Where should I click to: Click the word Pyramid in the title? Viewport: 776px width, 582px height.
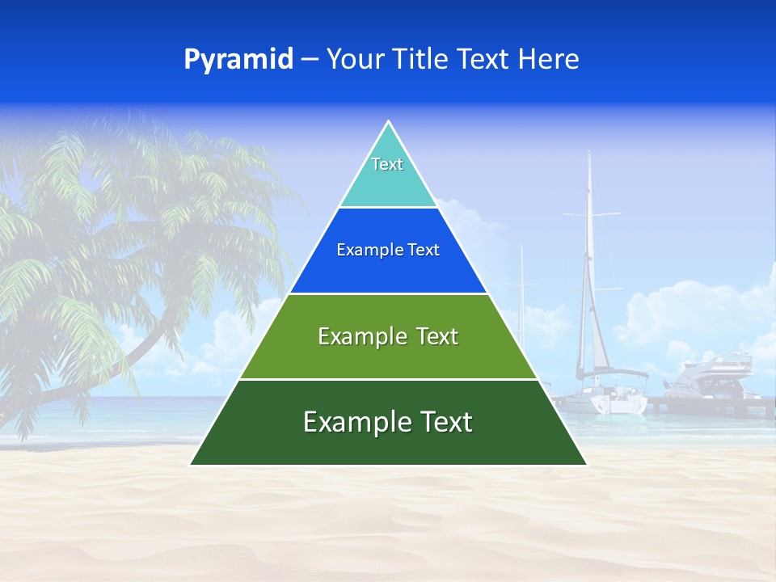pyautogui.click(x=238, y=60)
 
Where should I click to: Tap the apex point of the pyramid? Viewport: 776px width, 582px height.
pyautogui.click(x=389, y=123)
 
